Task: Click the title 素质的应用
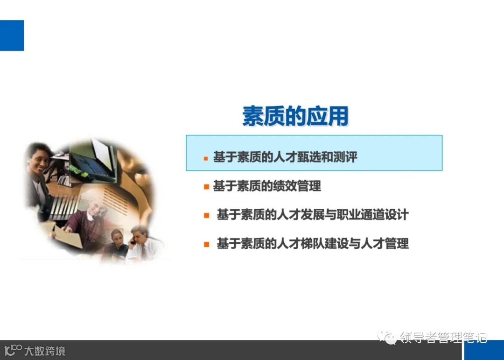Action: [295, 116]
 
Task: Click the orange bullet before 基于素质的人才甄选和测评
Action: [206, 158]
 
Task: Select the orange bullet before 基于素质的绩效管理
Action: [206, 187]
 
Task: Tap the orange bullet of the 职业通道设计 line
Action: [206, 216]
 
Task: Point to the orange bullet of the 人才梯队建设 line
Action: [206, 244]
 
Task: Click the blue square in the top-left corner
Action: [12, 35]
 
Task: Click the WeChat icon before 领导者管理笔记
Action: [387, 337]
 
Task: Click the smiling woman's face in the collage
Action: [38, 159]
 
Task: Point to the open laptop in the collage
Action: [93, 161]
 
